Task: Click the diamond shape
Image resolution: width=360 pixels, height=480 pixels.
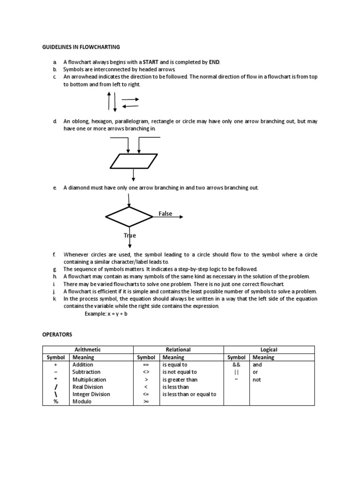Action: coord(129,217)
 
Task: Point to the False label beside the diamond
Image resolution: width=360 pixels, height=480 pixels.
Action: coord(165,214)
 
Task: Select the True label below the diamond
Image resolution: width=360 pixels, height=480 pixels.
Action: coord(130,235)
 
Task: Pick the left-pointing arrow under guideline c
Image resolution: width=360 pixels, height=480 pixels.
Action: coord(130,106)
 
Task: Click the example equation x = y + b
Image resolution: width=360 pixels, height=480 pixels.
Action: coord(106,314)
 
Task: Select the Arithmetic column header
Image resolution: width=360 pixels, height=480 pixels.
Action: coord(88,350)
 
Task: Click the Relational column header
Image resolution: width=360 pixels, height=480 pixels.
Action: coord(178,350)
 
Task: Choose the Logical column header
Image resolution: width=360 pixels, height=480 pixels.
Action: coord(269,350)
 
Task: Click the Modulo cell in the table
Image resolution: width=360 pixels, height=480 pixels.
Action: coord(82,402)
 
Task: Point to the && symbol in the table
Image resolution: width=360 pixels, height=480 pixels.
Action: coord(236,364)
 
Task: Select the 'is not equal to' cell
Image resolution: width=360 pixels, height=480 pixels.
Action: coord(180,372)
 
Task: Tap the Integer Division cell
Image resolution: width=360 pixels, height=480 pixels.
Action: coord(91,394)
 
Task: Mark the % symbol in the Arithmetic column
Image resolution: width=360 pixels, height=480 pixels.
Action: coord(56,402)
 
